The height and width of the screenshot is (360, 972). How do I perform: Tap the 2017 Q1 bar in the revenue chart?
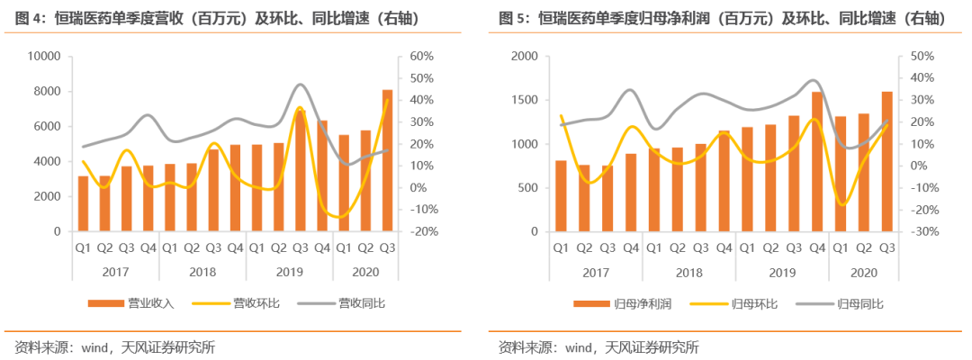pyautogui.click(x=84, y=203)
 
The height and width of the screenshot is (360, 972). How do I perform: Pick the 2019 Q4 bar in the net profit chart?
pyautogui.click(x=816, y=162)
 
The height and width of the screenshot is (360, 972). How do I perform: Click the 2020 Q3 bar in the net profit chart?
pyautogui.click(x=886, y=162)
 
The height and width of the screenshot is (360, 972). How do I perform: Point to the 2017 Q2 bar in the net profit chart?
pyautogui.click(x=583, y=198)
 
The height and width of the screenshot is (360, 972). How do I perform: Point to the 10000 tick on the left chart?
pyautogui.click(x=42, y=57)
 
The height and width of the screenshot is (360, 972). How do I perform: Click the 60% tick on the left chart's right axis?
pyautogui.click(x=422, y=57)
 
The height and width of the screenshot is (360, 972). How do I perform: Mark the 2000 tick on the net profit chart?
pyautogui.click(x=525, y=57)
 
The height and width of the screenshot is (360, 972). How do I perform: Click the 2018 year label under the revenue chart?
pyautogui.click(x=202, y=272)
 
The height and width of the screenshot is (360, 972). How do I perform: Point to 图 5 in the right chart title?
pyautogui.click(x=512, y=18)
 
